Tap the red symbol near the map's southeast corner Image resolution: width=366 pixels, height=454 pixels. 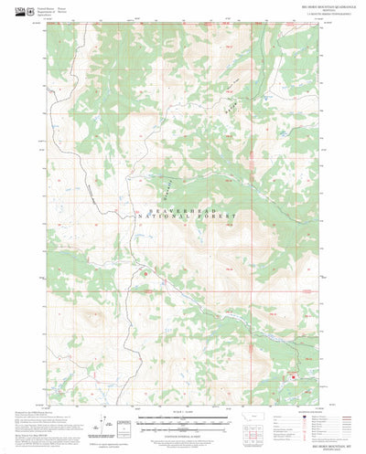tap(293, 376)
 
